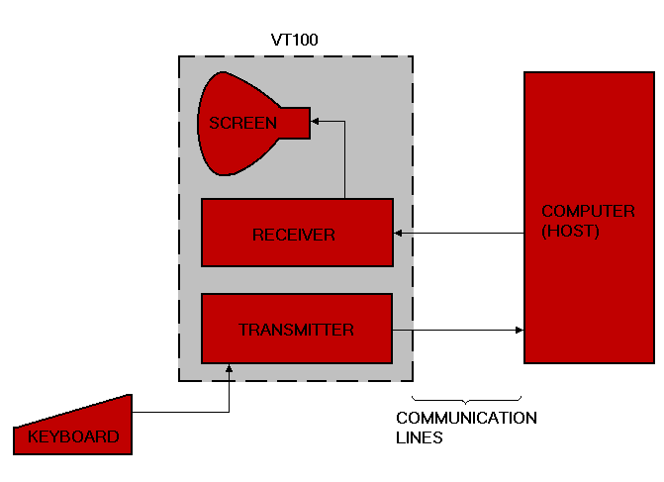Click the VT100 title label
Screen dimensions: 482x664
point(295,41)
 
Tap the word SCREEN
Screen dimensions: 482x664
point(242,124)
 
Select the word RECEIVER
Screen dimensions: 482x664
point(294,236)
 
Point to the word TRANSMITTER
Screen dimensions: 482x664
point(296,330)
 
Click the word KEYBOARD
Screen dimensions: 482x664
point(73,436)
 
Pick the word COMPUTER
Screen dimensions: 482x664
point(588,212)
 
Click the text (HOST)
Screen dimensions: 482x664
point(570,231)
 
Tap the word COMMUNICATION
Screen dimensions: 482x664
point(466,418)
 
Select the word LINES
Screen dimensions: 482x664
point(419,436)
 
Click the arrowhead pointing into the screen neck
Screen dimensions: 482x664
point(316,122)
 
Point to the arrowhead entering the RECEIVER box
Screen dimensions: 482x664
point(399,234)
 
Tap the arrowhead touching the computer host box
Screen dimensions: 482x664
point(519,330)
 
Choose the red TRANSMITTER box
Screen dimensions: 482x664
point(297,346)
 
